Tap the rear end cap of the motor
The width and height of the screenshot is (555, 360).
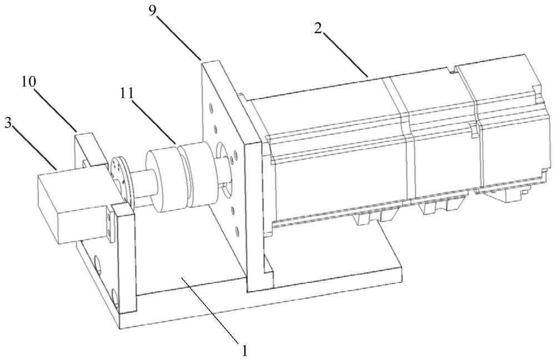[x=511, y=122]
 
